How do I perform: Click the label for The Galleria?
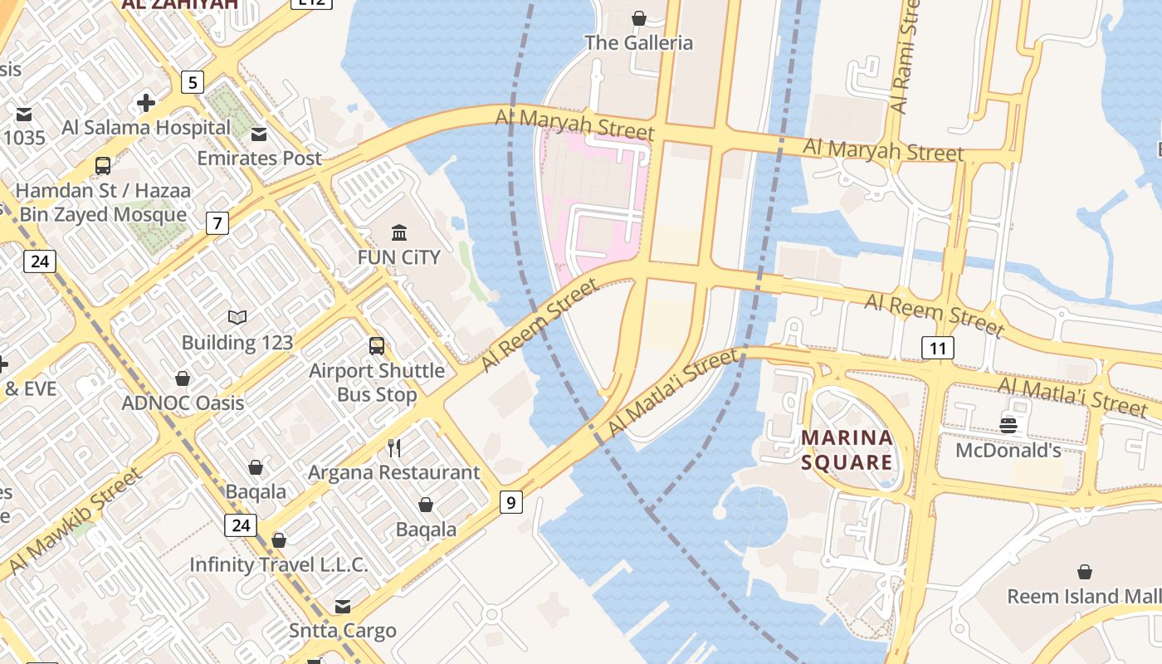pos(638,42)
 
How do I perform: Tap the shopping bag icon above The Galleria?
pos(639,18)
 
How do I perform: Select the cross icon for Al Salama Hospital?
pos(146,103)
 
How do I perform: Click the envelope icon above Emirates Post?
pos(259,134)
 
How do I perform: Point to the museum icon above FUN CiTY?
pos(398,232)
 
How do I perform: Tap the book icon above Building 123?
pos(237,318)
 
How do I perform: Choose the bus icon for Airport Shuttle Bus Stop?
pos(377,346)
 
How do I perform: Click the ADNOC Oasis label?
pos(183,403)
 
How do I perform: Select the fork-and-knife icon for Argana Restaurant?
pos(394,448)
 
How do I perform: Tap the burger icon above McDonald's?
pos(1008,426)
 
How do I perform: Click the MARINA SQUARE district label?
pos(847,449)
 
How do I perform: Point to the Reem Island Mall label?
pos(1083,596)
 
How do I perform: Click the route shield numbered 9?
pos(511,501)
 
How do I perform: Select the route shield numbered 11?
pos(937,348)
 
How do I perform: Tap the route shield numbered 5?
pos(193,82)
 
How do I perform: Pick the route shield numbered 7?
pos(217,222)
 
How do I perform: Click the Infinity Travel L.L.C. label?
pos(278,565)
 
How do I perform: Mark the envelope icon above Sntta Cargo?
pos(342,606)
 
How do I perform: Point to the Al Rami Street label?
pos(905,56)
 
